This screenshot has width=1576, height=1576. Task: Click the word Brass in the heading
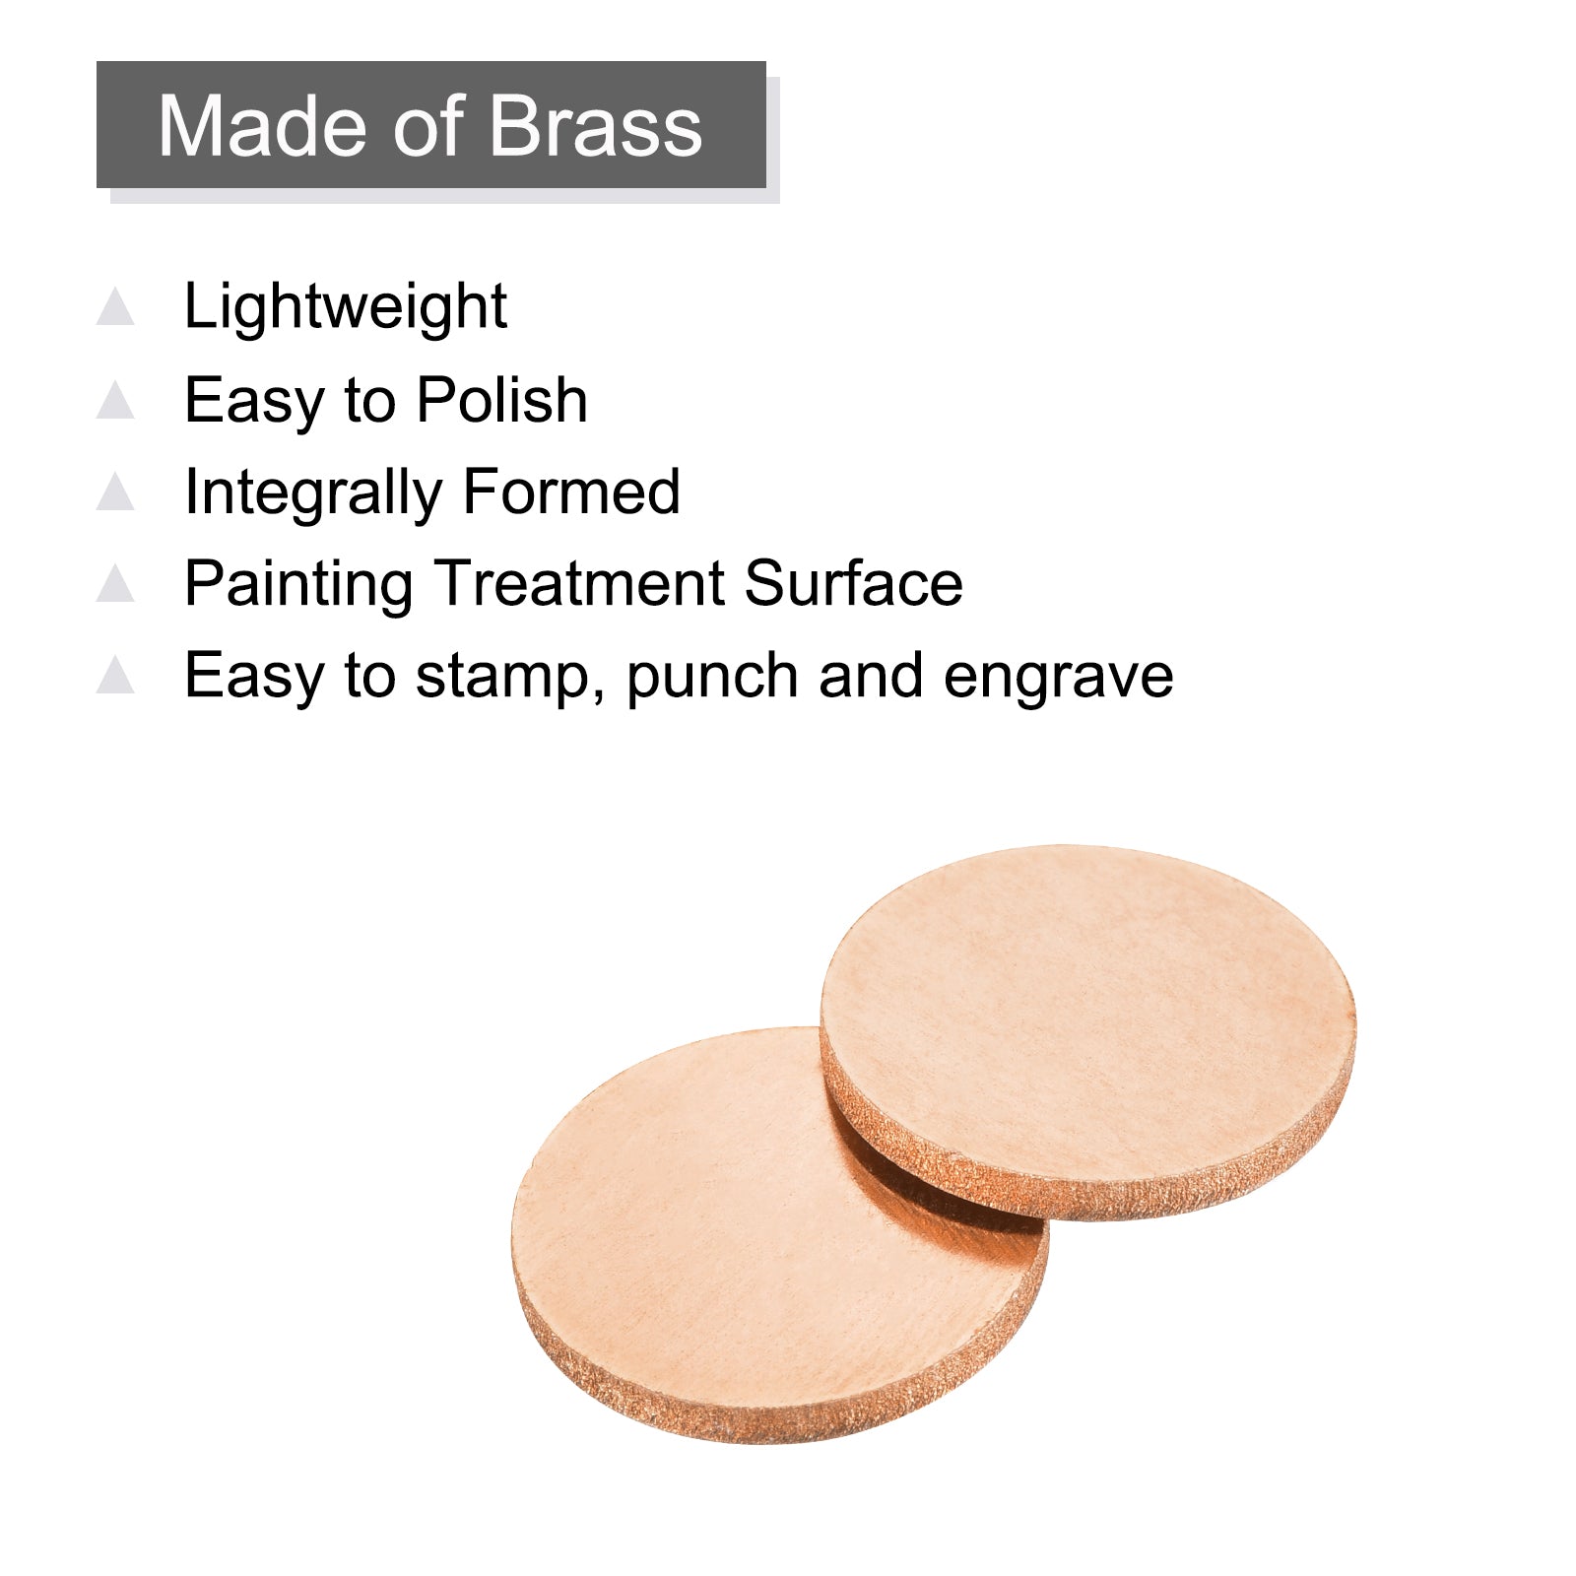(594, 126)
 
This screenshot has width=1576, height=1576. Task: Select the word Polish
(501, 400)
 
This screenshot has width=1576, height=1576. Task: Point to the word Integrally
(313, 493)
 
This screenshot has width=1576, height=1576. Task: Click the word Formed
(571, 492)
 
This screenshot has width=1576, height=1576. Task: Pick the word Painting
(297, 585)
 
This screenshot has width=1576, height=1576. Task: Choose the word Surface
(853, 583)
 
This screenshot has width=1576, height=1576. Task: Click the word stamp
(510, 679)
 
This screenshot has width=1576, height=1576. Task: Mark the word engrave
(1058, 679)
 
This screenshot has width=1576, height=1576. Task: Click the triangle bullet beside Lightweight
(115, 306)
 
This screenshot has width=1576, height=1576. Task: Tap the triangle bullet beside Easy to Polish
(115, 400)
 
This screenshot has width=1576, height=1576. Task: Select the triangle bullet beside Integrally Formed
(115, 492)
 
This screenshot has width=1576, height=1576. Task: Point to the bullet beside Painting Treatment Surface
(115, 583)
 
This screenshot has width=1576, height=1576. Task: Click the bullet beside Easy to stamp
(115, 675)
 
